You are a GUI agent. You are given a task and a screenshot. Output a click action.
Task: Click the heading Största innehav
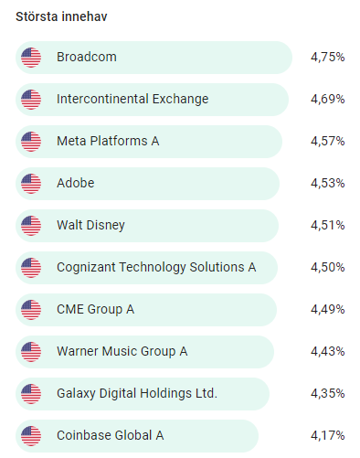(61, 16)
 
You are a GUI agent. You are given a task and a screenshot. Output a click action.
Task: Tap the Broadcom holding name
(87, 57)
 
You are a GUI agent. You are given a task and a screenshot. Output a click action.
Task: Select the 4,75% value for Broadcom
(327, 57)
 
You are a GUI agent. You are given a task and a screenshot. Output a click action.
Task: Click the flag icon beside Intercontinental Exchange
(31, 100)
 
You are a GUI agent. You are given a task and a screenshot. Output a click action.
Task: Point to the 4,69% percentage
(327, 99)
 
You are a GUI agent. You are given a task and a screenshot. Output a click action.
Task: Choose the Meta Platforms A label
(108, 141)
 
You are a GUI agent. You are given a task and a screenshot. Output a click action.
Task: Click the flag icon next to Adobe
(31, 184)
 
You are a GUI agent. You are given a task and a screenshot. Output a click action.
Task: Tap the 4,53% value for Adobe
(327, 183)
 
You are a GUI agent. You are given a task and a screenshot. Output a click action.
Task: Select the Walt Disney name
(90, 226)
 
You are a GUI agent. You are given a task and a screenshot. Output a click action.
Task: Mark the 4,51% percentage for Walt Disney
(327, 225)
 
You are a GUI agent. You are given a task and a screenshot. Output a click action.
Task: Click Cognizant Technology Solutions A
(156, 267)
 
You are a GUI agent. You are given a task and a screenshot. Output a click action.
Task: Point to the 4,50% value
(327, 267)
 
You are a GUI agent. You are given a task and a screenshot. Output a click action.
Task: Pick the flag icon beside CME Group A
(31, 310)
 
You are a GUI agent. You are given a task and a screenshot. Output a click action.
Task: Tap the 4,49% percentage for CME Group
(327, 309)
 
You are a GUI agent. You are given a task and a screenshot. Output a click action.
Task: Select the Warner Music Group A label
(122, 351)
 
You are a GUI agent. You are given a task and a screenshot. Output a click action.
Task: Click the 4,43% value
(327, 351)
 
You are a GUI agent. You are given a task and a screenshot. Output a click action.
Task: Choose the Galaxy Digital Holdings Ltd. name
(137, 393)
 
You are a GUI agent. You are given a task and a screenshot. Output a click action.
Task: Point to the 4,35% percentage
(327, 393)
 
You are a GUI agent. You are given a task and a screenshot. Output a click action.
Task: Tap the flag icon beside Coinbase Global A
(31, 436)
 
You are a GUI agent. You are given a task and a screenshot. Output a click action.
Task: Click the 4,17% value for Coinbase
(327, 435)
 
